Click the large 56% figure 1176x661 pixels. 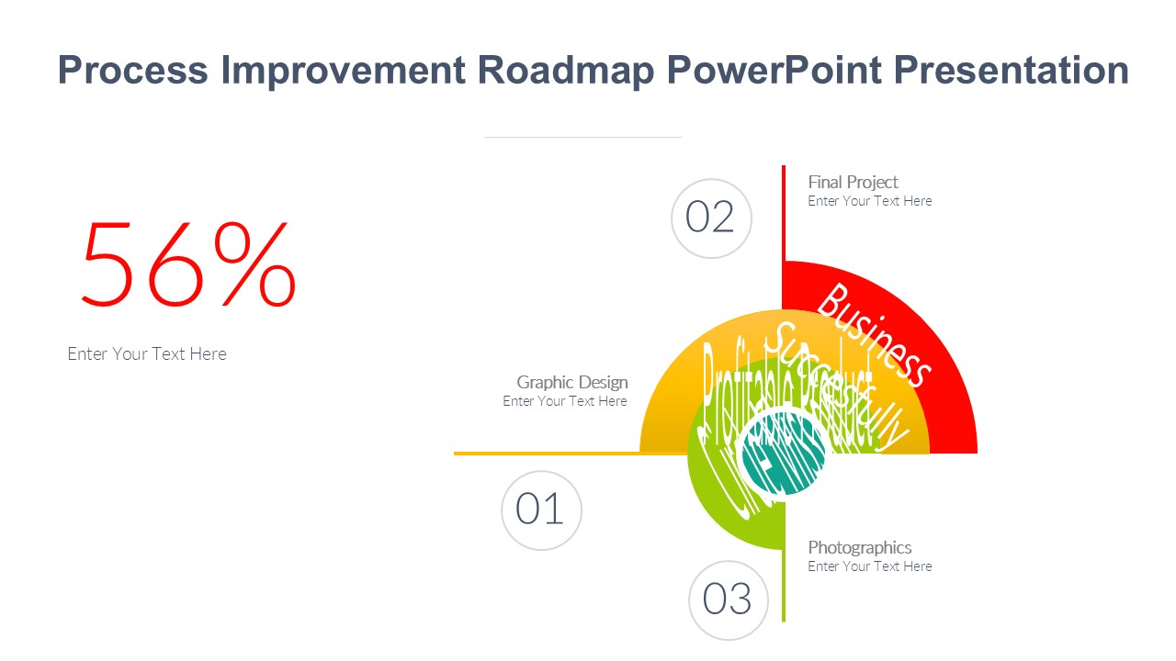(188, 264)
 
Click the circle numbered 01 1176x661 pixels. (541, 510)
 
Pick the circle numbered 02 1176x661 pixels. (711, 218)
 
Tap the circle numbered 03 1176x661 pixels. (728, 599)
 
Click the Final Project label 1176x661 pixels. (853, 182)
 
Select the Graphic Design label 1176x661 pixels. (571, 382)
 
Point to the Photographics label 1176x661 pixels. (859, 547)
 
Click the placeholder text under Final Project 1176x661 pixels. (869, 201)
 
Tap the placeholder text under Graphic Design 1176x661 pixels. (564, 401)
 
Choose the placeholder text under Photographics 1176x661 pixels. (869, 566)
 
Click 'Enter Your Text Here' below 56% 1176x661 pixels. (147, 353)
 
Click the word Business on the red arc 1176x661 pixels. (874, 335)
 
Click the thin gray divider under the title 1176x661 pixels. (582, 137)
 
